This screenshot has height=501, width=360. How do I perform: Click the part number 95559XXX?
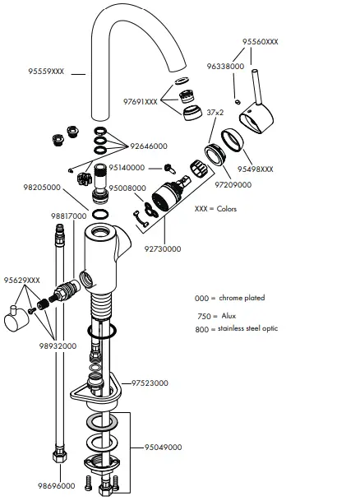(46, 72)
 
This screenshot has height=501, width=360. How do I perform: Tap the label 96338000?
(225, 66)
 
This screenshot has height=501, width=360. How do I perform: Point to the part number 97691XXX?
(140, 102)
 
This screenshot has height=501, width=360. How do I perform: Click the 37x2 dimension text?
(216, 112)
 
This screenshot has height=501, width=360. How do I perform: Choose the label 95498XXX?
(256, 169)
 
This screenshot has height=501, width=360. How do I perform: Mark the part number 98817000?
(69, 216)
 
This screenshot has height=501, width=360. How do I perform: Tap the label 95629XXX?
(22, 281)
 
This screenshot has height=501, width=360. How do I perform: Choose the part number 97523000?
(150, 383)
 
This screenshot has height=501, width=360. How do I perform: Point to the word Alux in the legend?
(229, 316)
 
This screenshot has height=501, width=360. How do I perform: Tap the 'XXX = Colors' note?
(217, 209)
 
